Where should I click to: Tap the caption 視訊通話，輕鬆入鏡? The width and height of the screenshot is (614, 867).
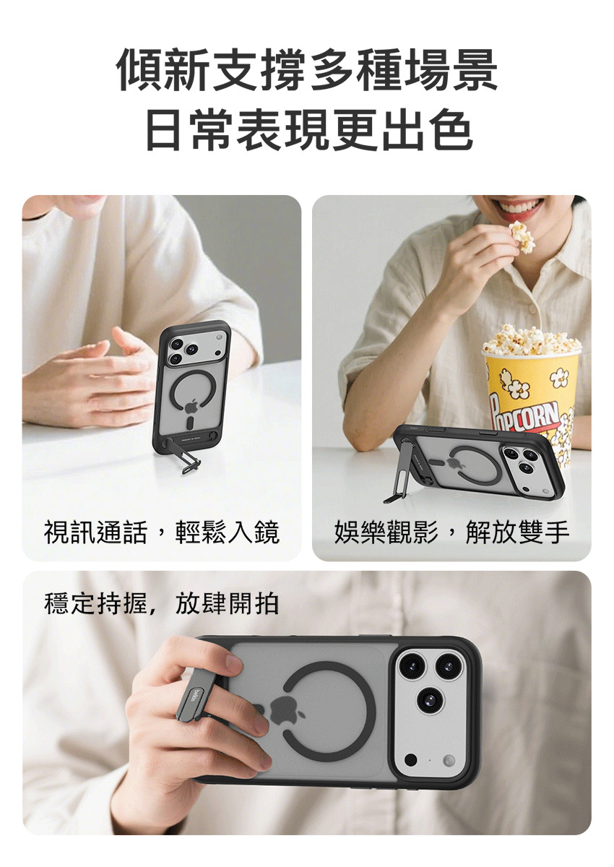(162, 532)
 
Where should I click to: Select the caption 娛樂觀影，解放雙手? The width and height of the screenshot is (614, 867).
(451, 532)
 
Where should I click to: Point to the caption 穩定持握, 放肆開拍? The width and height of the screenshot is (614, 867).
(161, 604)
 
